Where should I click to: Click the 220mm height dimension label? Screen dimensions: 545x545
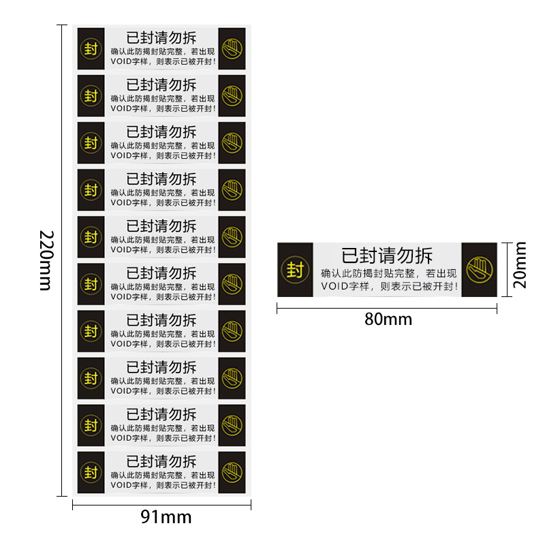click(45, 260)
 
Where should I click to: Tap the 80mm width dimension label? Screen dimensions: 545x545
click(388, 319)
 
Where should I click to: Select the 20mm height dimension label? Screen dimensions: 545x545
click(520, 269)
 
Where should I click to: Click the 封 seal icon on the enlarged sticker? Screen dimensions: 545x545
click(295, 270)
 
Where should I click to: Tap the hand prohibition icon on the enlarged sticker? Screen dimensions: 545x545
click(480, 269)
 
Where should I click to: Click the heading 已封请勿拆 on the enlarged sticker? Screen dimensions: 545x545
click(387, 255)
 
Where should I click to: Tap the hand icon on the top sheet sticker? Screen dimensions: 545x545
click(232, 48)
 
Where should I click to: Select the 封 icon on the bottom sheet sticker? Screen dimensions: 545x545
click(91, 472)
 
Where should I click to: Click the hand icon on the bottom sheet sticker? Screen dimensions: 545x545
click(232, 472)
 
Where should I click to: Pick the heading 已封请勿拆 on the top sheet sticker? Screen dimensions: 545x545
click(161, 38)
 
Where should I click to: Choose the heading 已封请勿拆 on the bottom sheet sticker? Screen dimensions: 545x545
click(161, 461)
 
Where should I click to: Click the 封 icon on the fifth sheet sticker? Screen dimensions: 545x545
click(91, 237)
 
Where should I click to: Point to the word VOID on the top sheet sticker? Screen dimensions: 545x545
click(120, 61)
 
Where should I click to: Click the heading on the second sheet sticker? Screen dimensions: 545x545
click(161, 84)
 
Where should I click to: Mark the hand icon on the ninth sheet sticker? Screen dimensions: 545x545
click(232, 425)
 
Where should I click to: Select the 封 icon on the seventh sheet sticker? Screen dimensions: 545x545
click(91, 331)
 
